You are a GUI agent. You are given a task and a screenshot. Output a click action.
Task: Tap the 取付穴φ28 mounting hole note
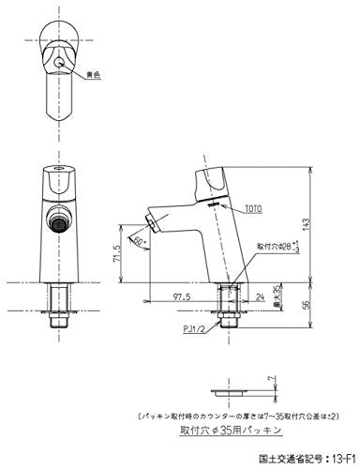[x=277, y=246]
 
